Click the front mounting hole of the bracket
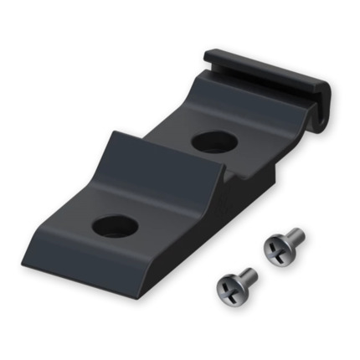tap(115, 224)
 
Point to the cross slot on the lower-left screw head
tap(229, 289)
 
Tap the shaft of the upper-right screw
tap(294, 237)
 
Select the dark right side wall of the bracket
tap(251, 201)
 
